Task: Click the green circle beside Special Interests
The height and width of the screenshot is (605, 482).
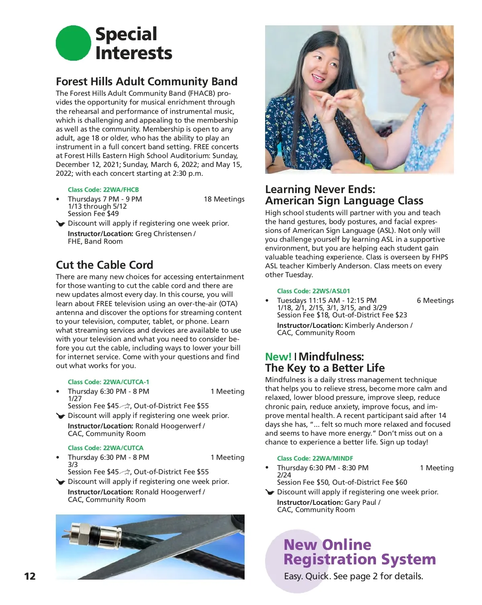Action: [73, 43]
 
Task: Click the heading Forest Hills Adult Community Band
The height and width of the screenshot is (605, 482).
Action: [147, 82]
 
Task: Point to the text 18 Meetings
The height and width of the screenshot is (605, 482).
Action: [224, 199]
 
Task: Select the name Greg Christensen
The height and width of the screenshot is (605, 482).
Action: [163, 234]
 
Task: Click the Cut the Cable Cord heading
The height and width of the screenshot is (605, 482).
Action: [104, 265]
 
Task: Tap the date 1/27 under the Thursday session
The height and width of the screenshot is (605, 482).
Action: [75, 399]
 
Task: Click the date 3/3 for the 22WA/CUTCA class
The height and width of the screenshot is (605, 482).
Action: [73, 465]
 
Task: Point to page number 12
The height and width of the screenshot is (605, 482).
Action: [30, 576]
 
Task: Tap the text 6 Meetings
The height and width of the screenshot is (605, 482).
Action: [435, 300]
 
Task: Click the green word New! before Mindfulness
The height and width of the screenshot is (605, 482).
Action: [278, 357]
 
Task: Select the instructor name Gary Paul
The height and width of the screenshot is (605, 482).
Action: [360, 502]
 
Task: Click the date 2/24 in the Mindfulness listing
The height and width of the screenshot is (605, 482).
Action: [284, 475]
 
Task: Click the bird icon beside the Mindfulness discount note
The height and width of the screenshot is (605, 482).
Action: [270, 492]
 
